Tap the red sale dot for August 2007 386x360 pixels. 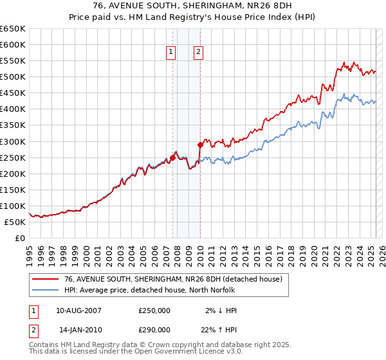tap(172, 157)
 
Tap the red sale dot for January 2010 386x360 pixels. tap(200, 145)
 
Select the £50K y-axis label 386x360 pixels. tap(15, 222)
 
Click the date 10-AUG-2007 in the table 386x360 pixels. tap(78, 310)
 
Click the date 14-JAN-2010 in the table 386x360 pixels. tap(78, 329)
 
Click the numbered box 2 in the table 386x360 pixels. tap(33, 329)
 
